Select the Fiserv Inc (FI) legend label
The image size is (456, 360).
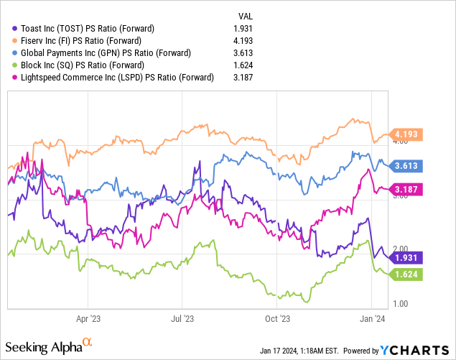(83, 40)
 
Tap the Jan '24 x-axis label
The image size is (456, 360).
(371, 317)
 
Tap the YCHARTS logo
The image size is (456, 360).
(416, 350)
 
